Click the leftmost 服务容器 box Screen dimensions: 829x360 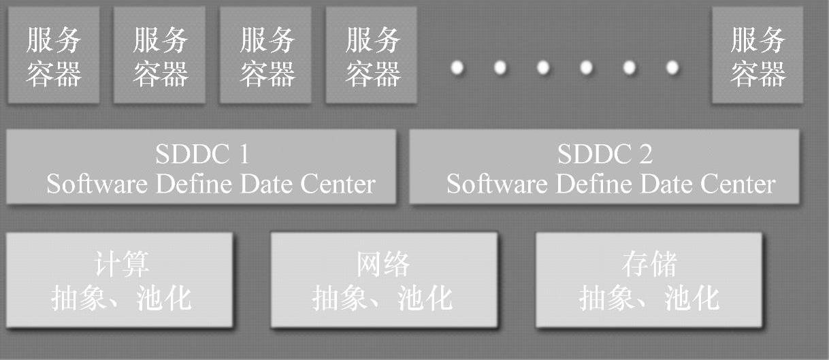pyautogui.click(x=53, y=55)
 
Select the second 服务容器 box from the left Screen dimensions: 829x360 pyautogui.click(x=159, y=55)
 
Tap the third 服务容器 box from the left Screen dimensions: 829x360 pyautogui.click(x=265, y=55)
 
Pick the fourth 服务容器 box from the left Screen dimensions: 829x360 pyautogui.click(x=372, y=55)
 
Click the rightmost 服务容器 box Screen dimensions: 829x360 pyautogui.click(x=758, y=55)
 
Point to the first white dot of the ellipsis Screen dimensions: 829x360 pyautogui.click(x=457, y=67)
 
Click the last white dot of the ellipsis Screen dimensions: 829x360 pyautogui.click(x=672, y=67)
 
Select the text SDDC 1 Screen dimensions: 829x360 pyautogui.click(x=201, y=154)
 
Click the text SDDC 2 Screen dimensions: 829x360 pyautogui.click(x=604, y=154)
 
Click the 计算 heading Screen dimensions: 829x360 pyautogui.click(x=121, y=264)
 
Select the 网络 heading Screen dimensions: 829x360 pyautogui.click(x=383, y=264)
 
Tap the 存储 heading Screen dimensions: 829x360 pyautogui.click(x=649, y=264)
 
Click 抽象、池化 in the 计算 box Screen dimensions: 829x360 pyautogui.click(x=121, y=298)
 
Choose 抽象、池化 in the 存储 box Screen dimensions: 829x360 pyautogui.click(x=649, y=298)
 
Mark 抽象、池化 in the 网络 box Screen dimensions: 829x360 pyautogui.click(x=383, y=298)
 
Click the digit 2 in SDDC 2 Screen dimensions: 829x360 pyautogui.click(x=645, y=154)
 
